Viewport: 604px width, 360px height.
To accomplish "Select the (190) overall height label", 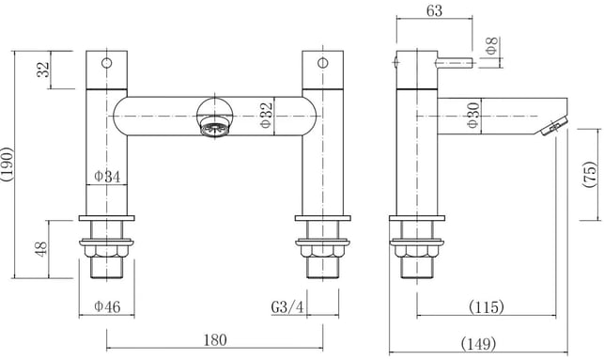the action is [8, 164].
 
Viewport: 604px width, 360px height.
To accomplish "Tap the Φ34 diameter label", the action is [107, 177].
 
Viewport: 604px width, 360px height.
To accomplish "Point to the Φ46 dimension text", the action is [107, 306].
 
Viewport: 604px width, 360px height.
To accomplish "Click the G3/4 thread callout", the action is [287, 307].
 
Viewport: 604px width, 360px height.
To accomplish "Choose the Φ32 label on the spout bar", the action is [267, 115].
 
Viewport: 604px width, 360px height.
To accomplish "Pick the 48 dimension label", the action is [41, 248].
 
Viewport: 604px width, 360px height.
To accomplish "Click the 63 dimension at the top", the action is [434, 10].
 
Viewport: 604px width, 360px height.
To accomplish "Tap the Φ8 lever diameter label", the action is [492, 46].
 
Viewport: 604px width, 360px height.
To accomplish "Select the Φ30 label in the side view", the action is [473, 115].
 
